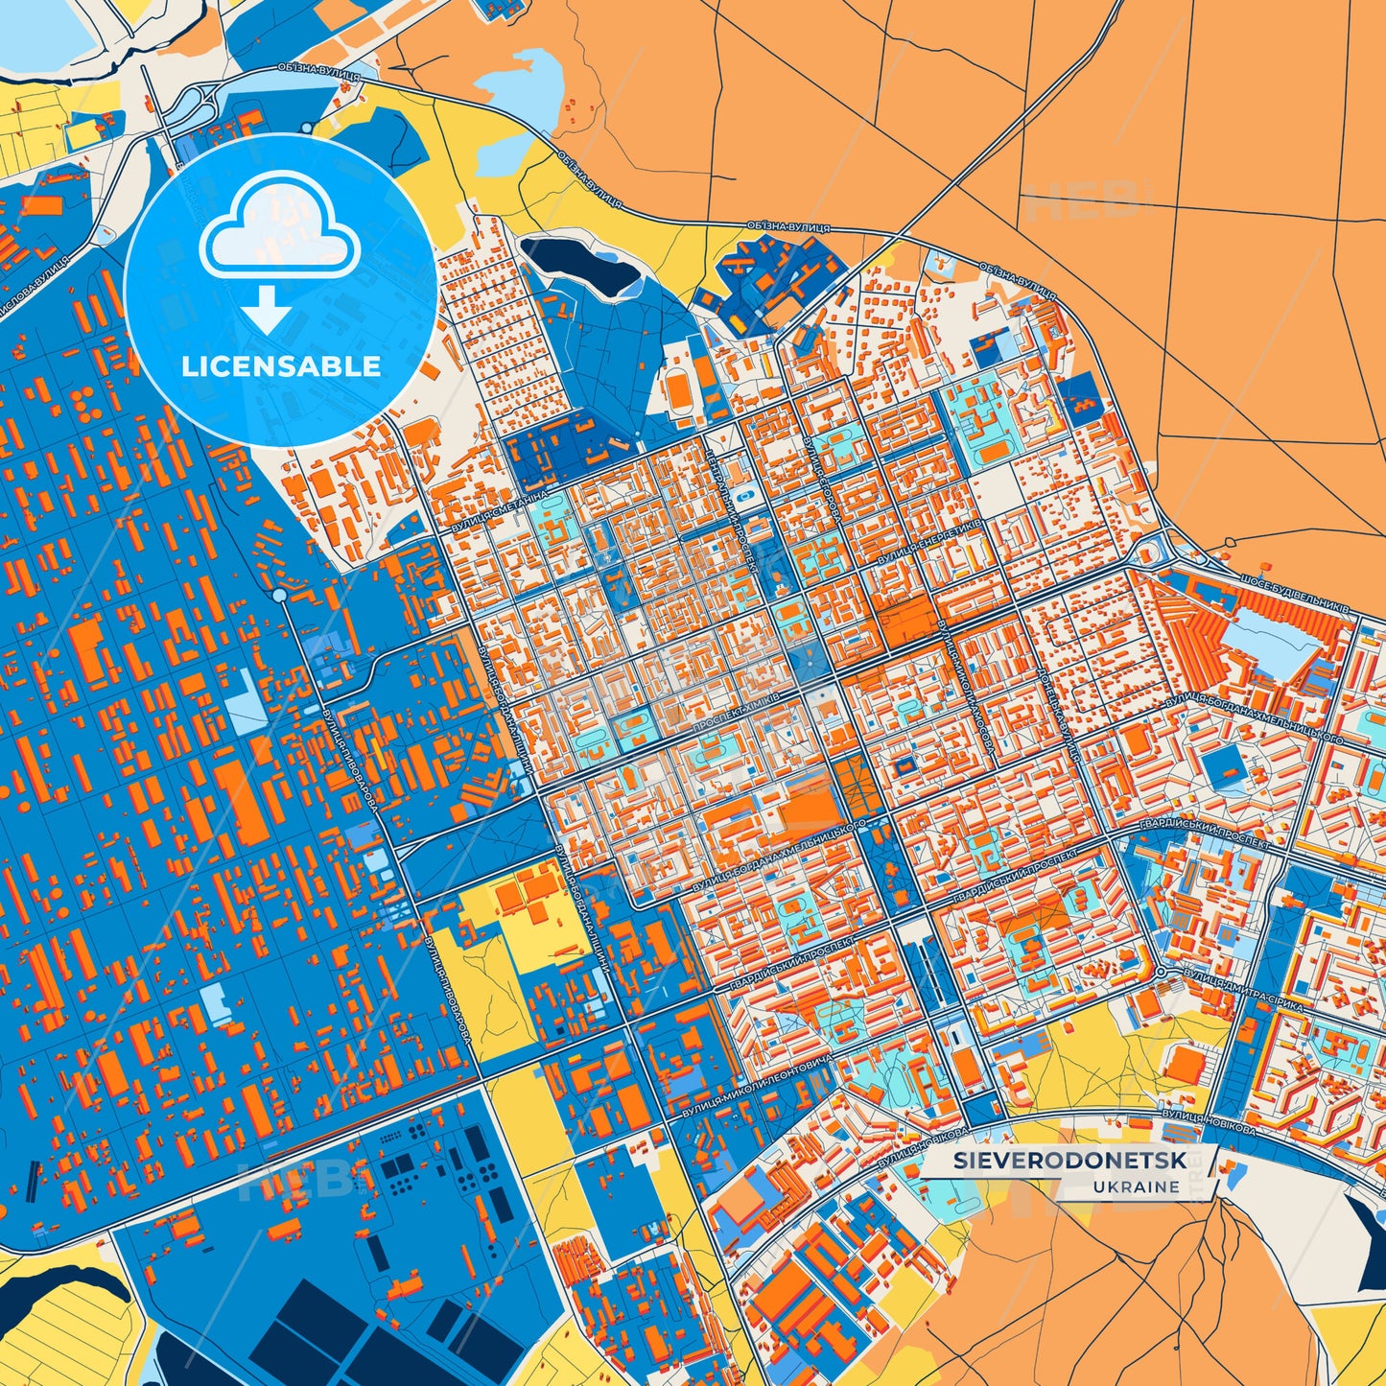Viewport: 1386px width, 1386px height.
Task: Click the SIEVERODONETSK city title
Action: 1069,1161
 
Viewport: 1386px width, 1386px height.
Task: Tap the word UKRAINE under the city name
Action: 1136,1186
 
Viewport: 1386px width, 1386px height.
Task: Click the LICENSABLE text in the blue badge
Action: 281,366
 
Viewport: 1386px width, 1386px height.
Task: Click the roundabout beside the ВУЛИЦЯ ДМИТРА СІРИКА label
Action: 1162,972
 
